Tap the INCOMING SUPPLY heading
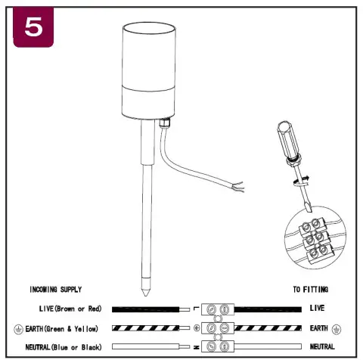(55, 290)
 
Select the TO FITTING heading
(311, 290)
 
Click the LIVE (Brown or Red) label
(70, 309)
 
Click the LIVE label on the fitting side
(317, 309)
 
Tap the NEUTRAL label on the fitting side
(322, 346)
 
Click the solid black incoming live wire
(145, 309)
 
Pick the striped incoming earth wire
(145, 328)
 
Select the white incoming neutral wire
(145, 346)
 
